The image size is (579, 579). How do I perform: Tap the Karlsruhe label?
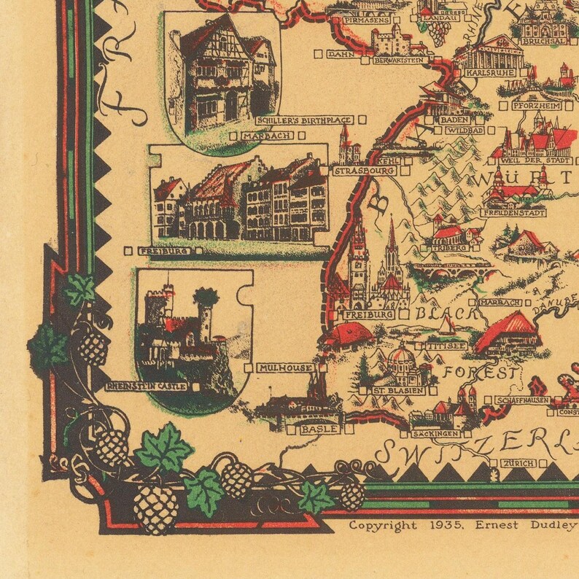(489, 73)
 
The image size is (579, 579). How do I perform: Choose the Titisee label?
(447, 346)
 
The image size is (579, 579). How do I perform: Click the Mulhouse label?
(286, 368)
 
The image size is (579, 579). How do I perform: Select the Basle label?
(319, 430)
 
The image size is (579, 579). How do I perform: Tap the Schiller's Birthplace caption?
(304, 120)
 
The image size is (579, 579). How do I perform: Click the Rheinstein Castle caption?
(146, 386)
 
